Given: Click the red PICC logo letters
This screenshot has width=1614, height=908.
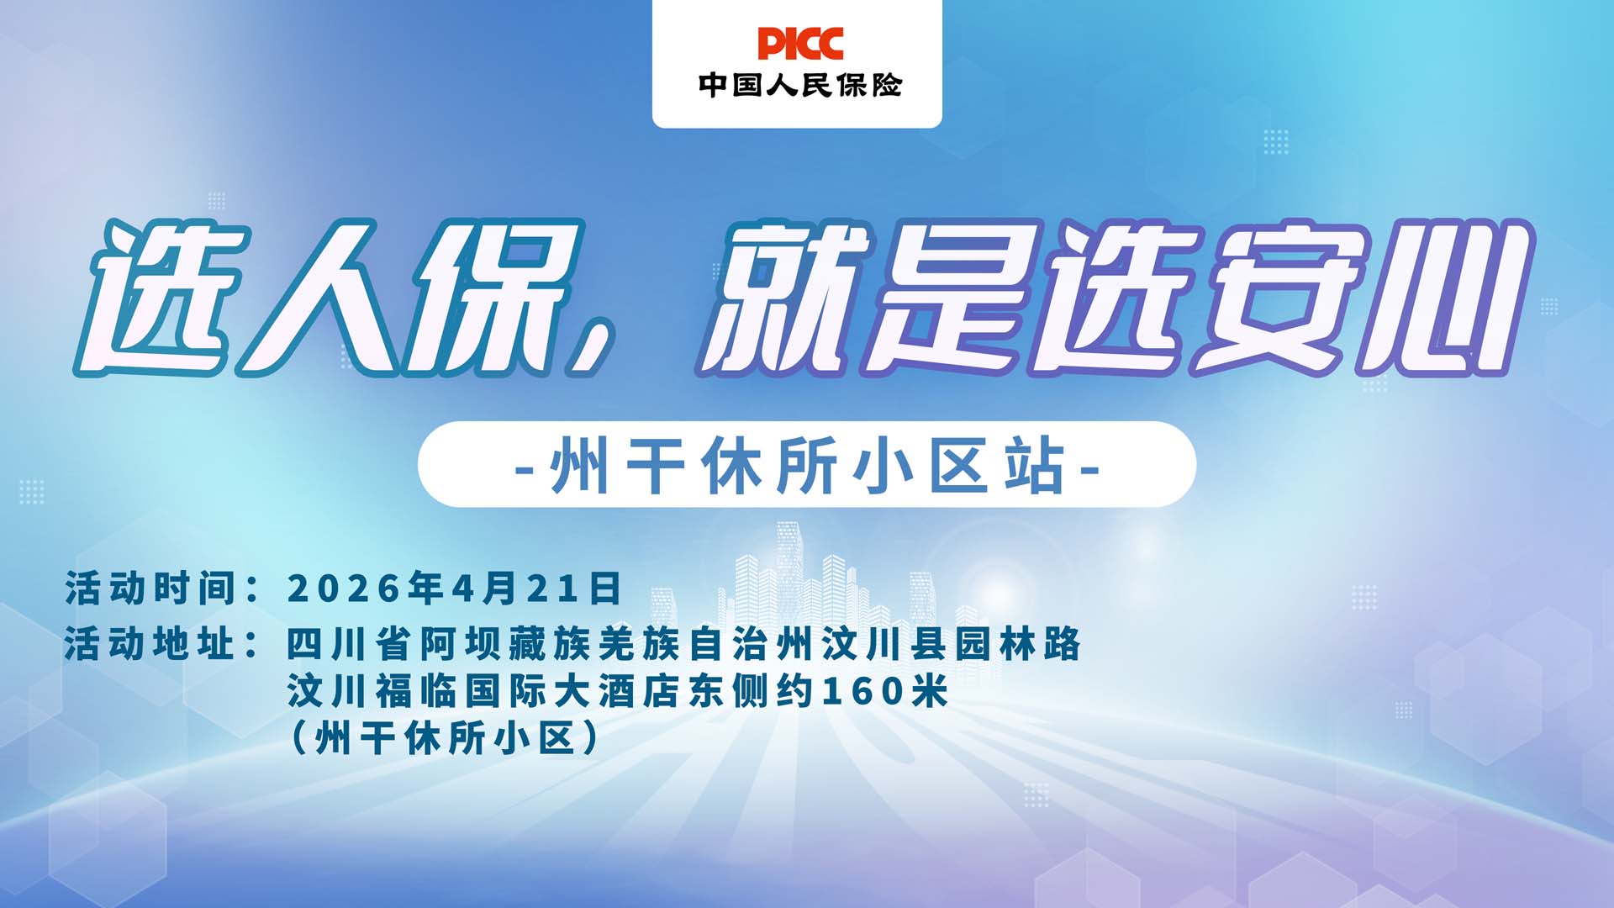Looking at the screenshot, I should click(x=799, y=44).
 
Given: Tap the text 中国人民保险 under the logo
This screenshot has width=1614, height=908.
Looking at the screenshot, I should click(x=799, y=85).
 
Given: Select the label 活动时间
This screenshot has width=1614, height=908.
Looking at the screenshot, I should click(x=151, y=589).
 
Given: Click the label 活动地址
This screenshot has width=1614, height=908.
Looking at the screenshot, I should click(x=151, y=645).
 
